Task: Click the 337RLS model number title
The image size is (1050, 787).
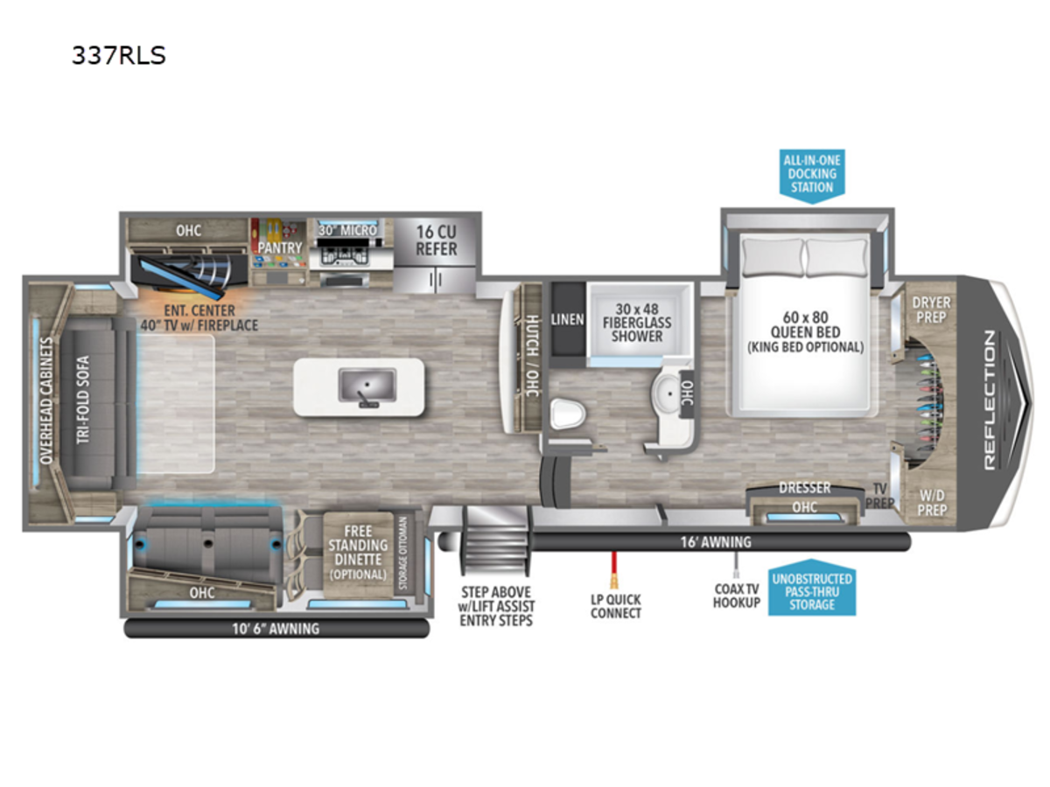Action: coord(119,55)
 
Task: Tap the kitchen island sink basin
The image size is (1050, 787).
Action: coord(367,385)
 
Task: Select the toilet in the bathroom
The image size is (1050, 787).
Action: coord(567,414)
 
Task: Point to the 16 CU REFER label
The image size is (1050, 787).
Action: coord(436,240)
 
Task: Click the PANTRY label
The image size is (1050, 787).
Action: coord(280,248)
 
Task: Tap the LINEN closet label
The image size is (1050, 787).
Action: coord(567,319)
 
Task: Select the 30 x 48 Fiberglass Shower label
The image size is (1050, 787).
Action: coord(637,323)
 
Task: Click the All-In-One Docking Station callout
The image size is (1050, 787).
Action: coord(812,174)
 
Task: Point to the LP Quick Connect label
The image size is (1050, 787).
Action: coord(616,606)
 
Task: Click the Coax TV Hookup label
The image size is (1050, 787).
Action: coord(736,595)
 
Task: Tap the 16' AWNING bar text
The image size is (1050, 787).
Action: coord(716,542)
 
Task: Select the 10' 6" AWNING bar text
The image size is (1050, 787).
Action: coord(276,629)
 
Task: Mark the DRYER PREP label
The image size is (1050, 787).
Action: coord(931,310)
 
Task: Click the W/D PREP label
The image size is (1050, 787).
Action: coord(932,503)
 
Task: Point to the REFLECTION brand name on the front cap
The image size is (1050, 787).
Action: coord(990,400)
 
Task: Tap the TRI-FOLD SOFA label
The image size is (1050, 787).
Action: coord(83,400)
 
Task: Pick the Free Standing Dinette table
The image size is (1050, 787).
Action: coord(358,554)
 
